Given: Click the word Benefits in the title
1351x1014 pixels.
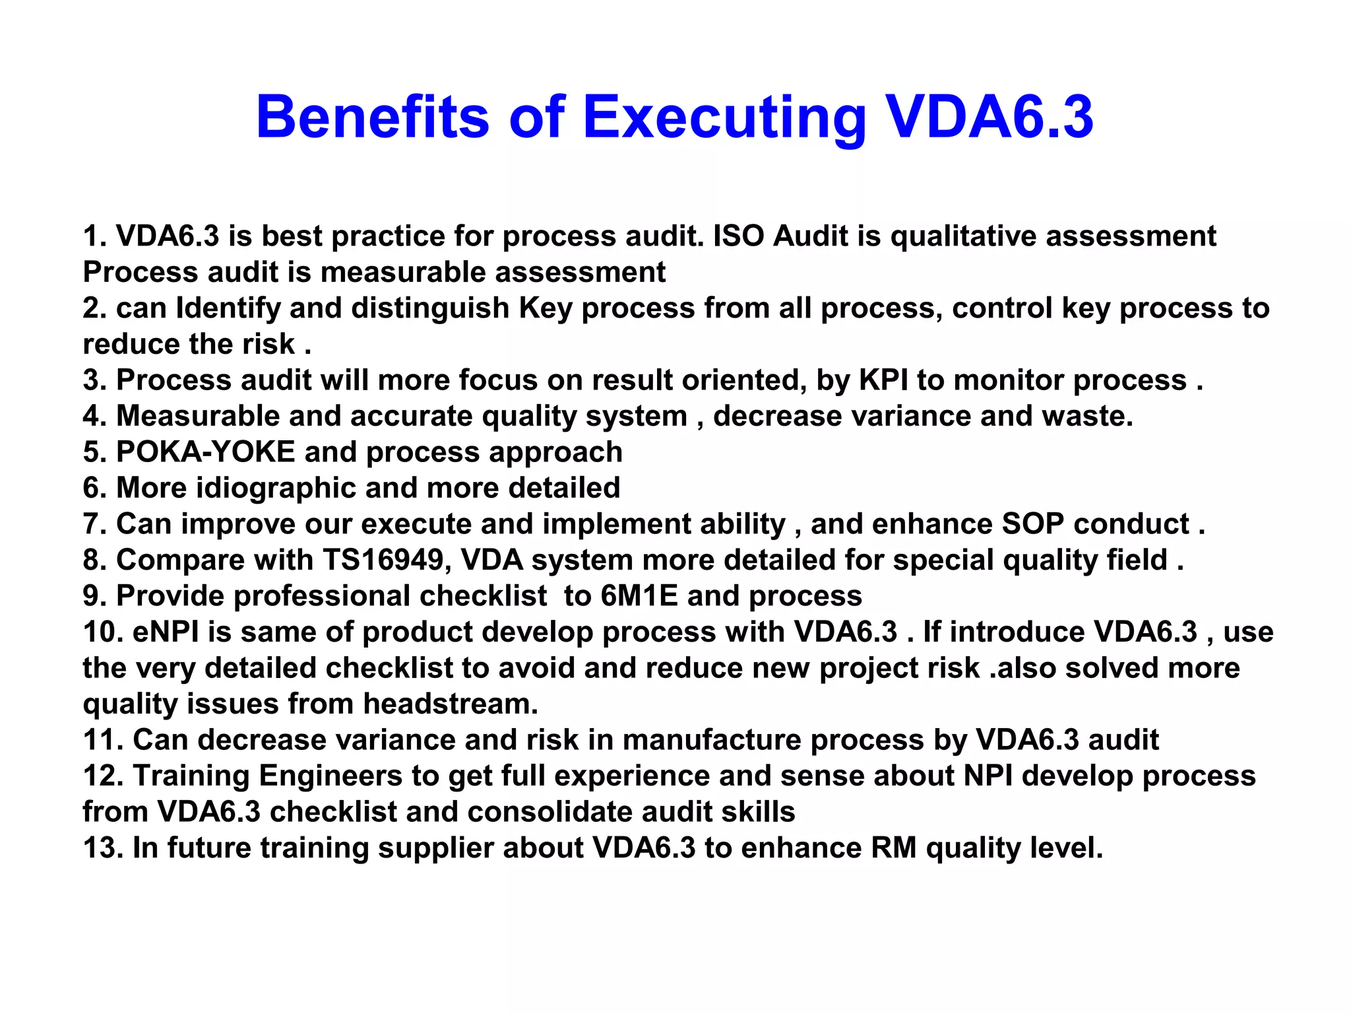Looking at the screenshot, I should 373,117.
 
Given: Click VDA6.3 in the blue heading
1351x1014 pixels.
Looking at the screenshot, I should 989,117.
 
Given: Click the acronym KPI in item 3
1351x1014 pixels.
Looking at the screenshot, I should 883,380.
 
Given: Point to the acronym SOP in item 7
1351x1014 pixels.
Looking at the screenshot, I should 1032,524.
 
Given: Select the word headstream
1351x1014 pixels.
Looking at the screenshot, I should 451,704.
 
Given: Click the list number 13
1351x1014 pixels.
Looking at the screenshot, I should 102,848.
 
